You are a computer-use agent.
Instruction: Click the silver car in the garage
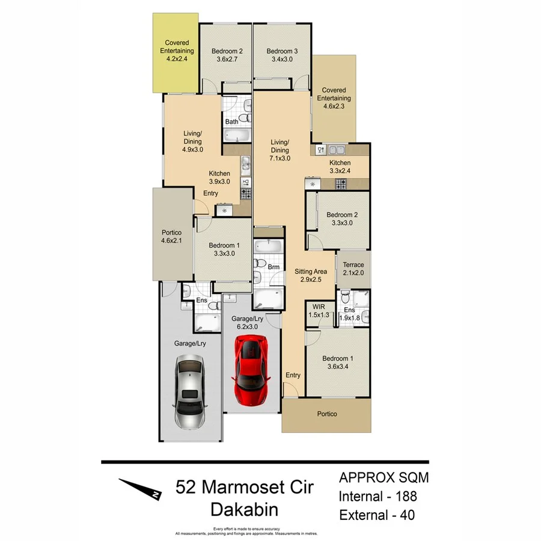[x=189, y=391]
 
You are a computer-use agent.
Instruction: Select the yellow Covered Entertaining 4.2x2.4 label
[x=174, y=51]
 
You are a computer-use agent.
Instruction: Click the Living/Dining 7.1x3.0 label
[x=280, y=150]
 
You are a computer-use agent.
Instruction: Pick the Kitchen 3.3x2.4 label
[x=340, y=167]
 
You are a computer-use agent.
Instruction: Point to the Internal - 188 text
[x=377, y=497]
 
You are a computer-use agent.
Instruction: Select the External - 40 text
[x=377, y=515]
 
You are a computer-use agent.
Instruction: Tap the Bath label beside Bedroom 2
[x=231, y=122]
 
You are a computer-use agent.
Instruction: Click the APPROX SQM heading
[x=384, y=478]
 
